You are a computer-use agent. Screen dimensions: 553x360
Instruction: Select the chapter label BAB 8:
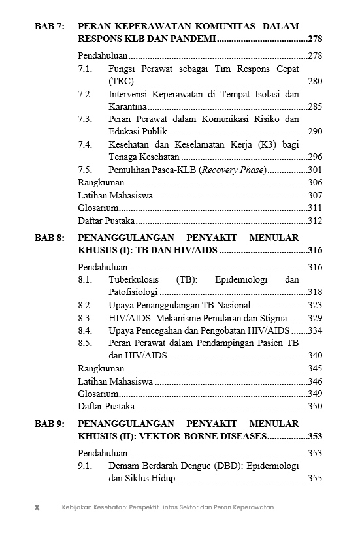[x=49, y=238]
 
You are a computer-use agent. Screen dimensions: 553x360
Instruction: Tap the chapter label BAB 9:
[x=49, y=424]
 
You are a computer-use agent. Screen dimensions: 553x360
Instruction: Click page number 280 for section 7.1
[x=315, y=82]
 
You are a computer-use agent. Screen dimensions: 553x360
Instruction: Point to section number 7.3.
[x=85, y=119]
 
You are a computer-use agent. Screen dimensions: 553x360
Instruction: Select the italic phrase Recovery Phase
[x=233, y=170]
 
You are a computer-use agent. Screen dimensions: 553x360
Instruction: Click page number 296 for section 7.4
[x=315, y=157]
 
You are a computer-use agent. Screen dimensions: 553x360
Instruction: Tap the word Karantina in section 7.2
[x=128, y=106]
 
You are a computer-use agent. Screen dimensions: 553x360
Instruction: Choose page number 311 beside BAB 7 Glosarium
[x=315, y=208]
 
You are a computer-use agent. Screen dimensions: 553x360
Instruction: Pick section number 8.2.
[x=85, y=305]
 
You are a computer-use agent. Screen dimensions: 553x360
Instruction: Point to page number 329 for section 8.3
[x=315, y=318]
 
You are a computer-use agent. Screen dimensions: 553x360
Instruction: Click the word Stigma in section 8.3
[x=273, y=318]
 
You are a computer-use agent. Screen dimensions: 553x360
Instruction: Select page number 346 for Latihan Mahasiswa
[x=315, y=381]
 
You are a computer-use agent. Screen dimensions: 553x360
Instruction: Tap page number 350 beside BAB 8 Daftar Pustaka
[x=315, y=406]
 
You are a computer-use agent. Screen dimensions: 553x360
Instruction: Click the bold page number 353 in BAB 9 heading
[x=315, y=437]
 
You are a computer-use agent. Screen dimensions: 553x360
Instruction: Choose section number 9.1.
[x=85, y=466]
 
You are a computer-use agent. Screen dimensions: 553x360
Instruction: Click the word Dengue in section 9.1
[x=189, y=466]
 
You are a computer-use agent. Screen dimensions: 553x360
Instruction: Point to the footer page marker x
[x=37, y=507]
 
